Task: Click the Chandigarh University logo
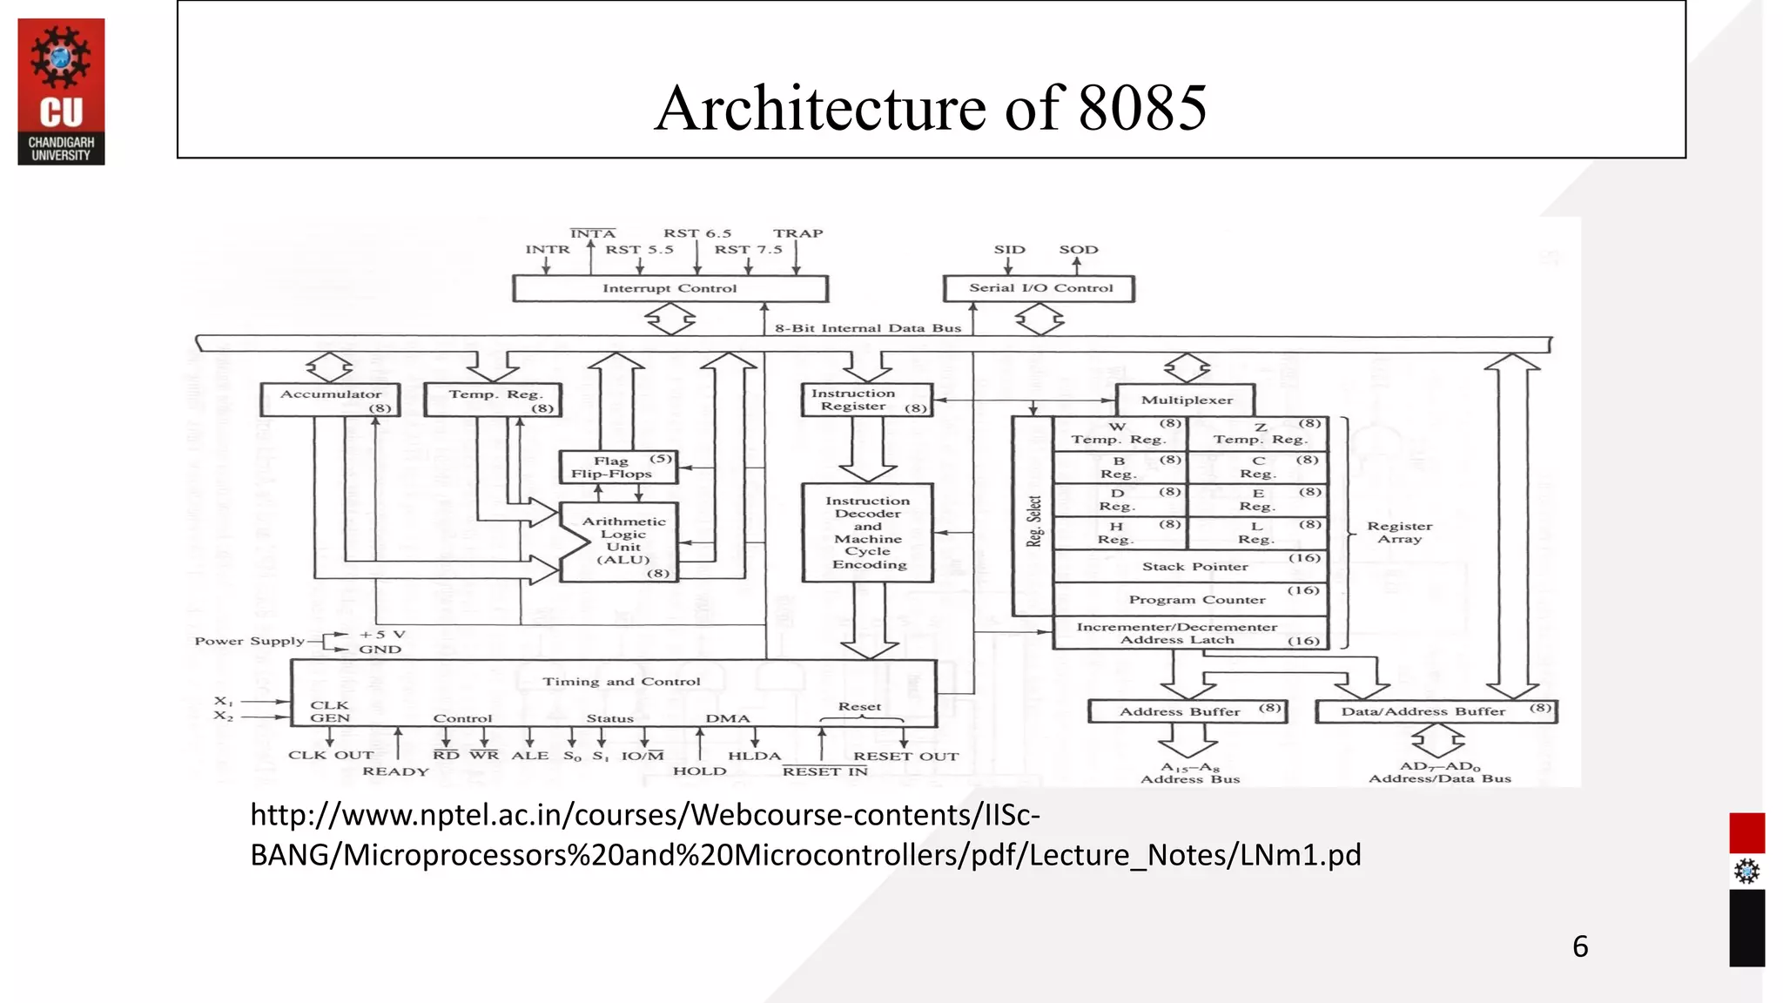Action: pyautogui.click(x=61, y=91)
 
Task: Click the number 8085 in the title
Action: pyautogui.click(x=1142, y=109)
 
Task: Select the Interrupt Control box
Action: pyautogui.click(x=669, y=288)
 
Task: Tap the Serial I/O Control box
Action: pyautogui.click(x=1040, y=288)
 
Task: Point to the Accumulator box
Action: pyautogui.click(x=331, y=400)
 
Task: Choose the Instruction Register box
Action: pyautogui.click(x=866, y=400)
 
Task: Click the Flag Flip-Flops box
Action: pyautogui.click(x=616, y=467)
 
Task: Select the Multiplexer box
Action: pyautogui.click(x=1186, y=400)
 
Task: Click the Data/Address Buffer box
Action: pyautogui.click(x=1435, y=711)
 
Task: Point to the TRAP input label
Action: pyautogui.click(x=797, y=233)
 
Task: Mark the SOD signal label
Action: pyautogui.click(x=1078, y=249)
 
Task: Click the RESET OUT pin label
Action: pyautogui.click(x=905, y=756)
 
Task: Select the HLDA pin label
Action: pyautogui.click(x=754, y=756)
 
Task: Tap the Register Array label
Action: pyautogui.click(x=1399, y=532)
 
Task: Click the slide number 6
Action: pyautogui.click(x=1580, y=946)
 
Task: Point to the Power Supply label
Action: pyautogui.click(x=249, y=641)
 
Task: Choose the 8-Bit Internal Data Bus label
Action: pyautogui.click(x=868, y=328)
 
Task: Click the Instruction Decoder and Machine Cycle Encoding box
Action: pyautogui.click(x=867, y=532)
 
